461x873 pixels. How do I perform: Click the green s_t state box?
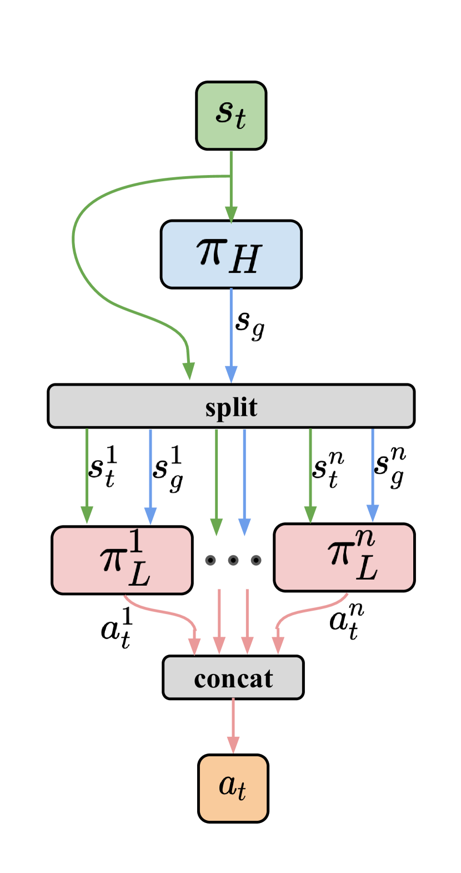pos(231,116)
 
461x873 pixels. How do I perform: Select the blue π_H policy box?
pos(231,255)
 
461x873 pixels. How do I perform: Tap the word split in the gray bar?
pos(231,407)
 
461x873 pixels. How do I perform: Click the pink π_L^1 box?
pos(122,560)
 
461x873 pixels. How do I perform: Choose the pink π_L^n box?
pos(344,557)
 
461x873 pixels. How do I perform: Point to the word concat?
pos(233,679)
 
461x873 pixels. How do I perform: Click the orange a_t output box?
pos(233,788)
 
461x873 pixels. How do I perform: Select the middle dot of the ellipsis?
pos(233,560)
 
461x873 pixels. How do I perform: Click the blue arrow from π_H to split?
pos(231,333)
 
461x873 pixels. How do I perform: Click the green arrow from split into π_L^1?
pos(87,472)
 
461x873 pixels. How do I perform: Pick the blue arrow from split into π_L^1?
pos(151,472)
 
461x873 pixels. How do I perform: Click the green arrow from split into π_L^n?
pos(310,472)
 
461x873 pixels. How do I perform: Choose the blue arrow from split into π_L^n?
pos(373,472)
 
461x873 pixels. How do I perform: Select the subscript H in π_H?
pos(244,260)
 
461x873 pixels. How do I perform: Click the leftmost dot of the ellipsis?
pos(211,560)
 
